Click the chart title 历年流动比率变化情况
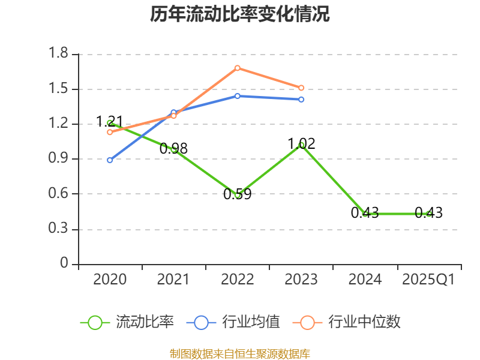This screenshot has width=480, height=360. (x=240, y=14)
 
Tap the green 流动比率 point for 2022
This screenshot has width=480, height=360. (x=238, y=194)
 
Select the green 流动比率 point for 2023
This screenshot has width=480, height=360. (x=301, y=145)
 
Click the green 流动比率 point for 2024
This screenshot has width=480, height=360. (x=365, y=214)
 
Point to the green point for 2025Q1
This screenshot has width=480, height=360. (x=428, y=214)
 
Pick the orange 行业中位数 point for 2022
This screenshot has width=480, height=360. (x=238, y=68)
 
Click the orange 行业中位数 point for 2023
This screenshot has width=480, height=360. (x=301, y=88)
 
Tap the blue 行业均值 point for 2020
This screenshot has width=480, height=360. (x=110, y=160)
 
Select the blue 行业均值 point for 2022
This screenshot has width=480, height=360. (x=238, y=96)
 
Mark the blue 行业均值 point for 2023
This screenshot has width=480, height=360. (x=301, y=99)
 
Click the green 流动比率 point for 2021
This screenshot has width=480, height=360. (x=174, y=149)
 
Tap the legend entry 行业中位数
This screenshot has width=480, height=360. (x=346, y=322)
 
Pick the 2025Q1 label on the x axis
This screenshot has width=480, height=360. (x=428, y=280)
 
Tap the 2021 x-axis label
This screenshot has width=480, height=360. (x=173, y=280)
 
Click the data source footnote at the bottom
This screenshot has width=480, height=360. (x=240, y=354)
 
